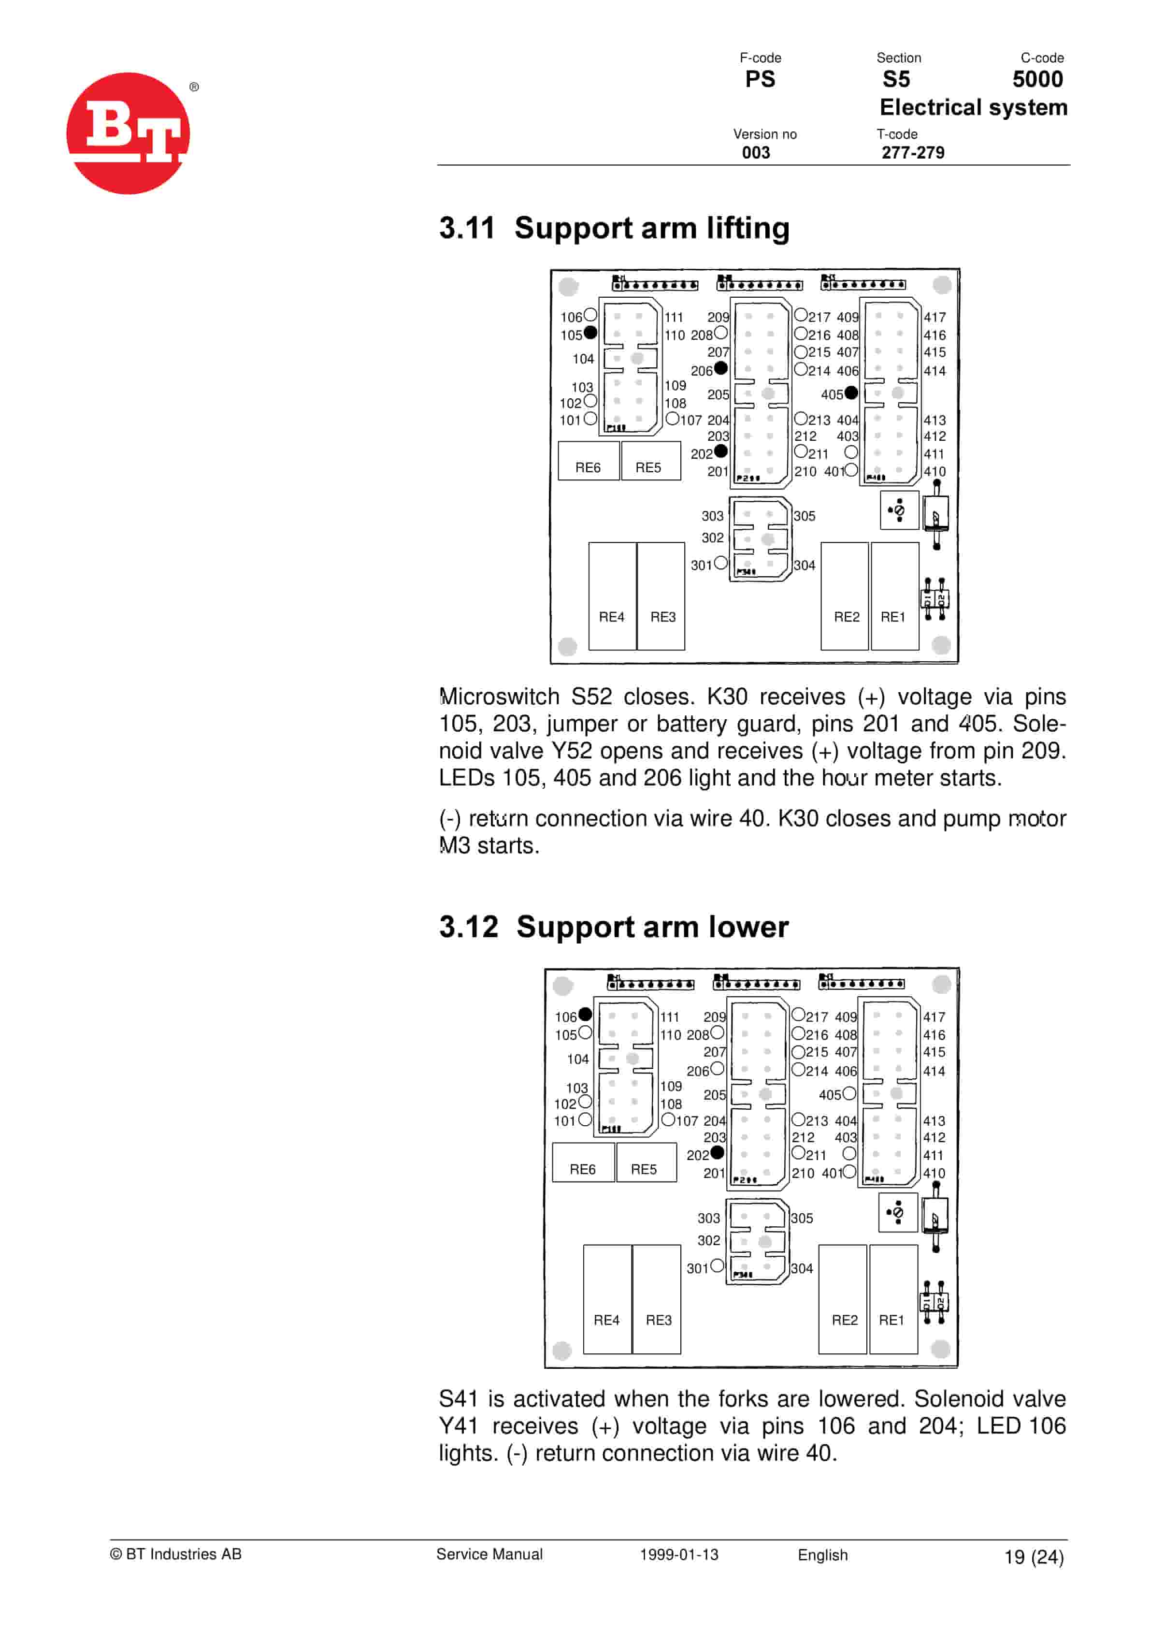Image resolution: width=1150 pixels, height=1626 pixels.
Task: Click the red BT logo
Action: (128, 133)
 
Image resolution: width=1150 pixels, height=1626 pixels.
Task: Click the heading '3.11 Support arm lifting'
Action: (614, 228)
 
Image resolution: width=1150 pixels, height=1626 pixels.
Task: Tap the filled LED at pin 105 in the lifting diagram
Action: (590, 333)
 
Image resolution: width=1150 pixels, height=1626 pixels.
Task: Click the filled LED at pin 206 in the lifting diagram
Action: (721, 368)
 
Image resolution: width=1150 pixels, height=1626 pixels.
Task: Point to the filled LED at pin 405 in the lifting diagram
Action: (851, 392)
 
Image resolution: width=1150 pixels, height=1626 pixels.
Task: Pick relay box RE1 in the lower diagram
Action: (893, 1300)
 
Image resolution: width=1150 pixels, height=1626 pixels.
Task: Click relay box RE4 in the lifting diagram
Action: (612, 596)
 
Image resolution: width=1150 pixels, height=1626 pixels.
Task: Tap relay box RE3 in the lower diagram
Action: (657, 1300)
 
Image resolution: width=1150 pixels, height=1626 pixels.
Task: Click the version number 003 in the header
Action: (756, 153)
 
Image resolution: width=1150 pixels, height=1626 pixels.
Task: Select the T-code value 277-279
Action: (913, 153)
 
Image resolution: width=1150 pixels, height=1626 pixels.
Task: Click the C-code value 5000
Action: (1037, 79)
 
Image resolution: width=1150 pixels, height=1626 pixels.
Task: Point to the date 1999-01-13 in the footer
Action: (679, 1554)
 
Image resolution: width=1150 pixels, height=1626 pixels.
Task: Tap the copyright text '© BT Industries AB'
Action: (175, 1554)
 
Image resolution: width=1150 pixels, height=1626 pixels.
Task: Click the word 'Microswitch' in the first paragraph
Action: (499, 697)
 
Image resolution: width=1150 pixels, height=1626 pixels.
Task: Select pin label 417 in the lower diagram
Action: (934, 1017)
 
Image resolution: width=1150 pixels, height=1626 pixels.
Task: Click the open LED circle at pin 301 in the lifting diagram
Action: (721, 563)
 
